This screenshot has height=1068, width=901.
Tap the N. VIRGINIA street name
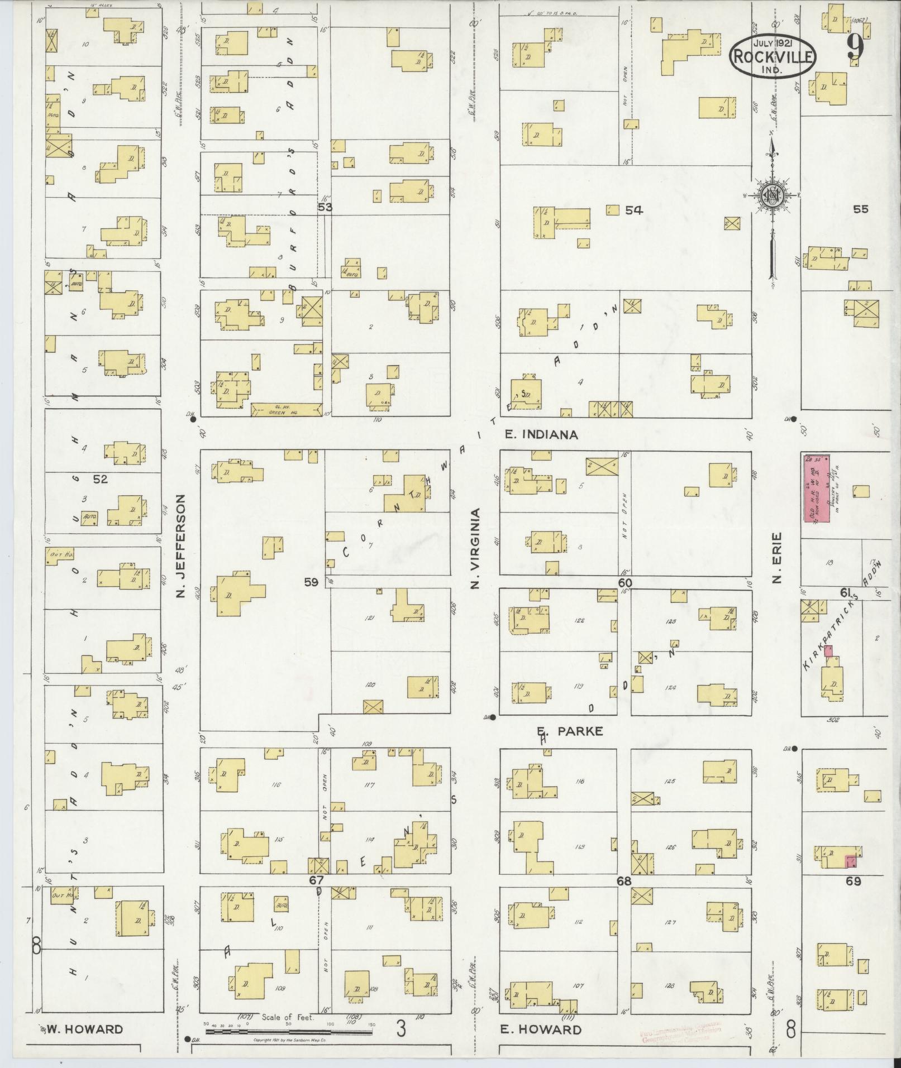coord(475,548)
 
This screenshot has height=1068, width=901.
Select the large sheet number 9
coord(855,49)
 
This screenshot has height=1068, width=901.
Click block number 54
coord(634,210)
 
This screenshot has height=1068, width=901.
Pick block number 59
coord(311,582)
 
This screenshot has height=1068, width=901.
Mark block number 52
coord(101,478)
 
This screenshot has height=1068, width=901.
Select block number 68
coord(624,881)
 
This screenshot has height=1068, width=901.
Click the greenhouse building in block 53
coord(287,409)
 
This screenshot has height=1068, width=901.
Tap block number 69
coord(854,882)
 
